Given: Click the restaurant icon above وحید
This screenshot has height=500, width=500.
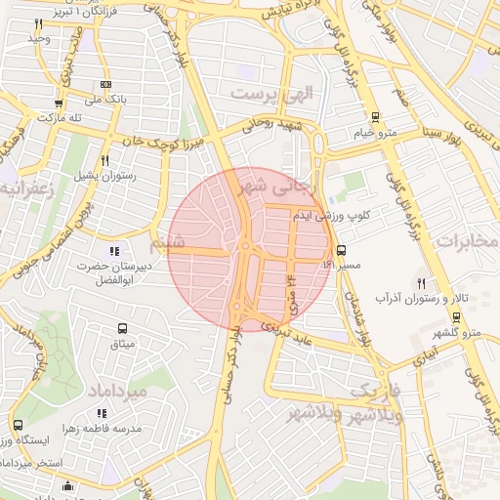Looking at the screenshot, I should coord(39,22).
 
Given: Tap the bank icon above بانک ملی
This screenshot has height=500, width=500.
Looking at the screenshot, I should coord(104,84).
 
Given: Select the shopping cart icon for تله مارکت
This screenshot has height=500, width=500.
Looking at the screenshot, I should coord(59,103).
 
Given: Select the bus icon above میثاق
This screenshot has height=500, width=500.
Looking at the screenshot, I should coord(123,329).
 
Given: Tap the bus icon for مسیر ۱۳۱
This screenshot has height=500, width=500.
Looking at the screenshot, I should coord(340,250).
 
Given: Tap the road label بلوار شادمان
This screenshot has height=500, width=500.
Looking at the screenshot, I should coord(359,317).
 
